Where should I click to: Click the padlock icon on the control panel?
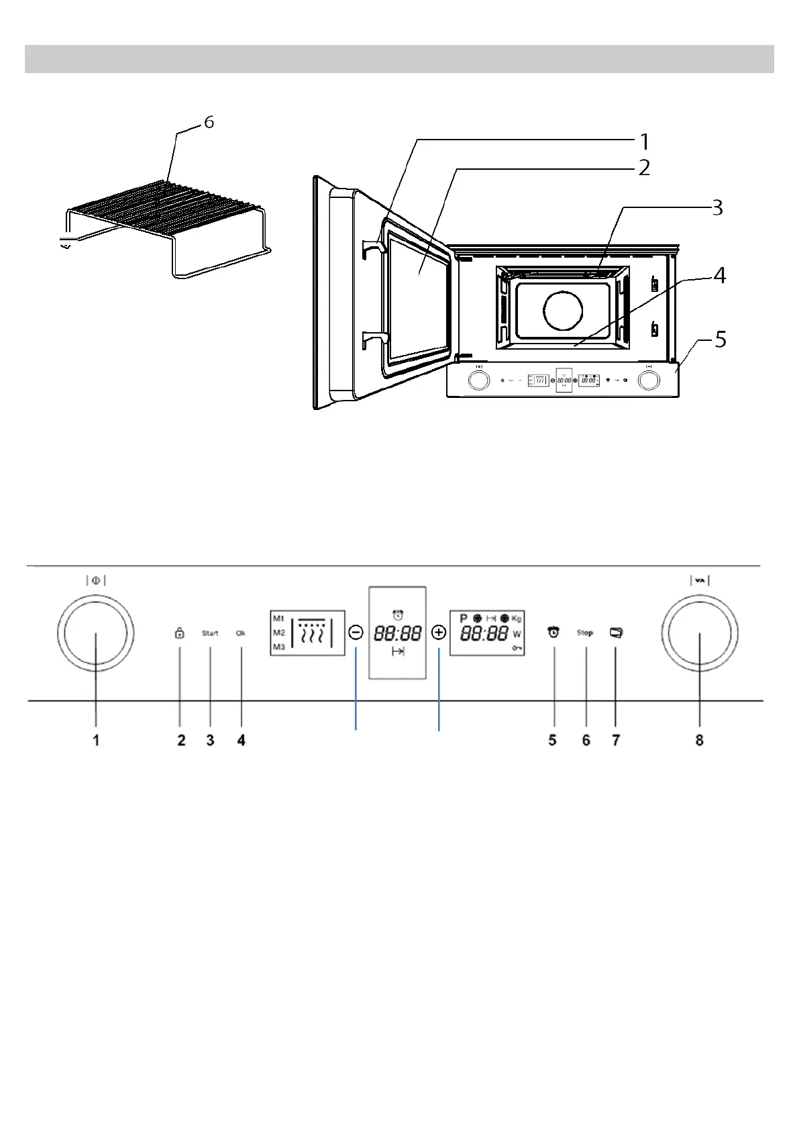click(x=179, y=633)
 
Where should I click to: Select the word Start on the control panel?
click(x=210, y=633)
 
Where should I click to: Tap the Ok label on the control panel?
click(x=241, y=633)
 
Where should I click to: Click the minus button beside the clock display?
click(x=356, y=632)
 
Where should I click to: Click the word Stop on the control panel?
click(x=584, y=633)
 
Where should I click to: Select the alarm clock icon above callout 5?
click(x=553, y=632)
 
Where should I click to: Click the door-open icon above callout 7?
click(x=616, y=632)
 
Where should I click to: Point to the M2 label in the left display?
click(x=278, y=633)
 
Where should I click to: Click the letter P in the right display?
click(x=462, y=618)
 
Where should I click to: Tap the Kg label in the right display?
click(x=516, y=618)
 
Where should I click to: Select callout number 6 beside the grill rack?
click(x=209, y=123)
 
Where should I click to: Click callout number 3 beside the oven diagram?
click(x=717, y=208)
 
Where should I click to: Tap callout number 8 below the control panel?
click(x=699, y=740)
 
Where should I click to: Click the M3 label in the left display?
click(x=278, y=648)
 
